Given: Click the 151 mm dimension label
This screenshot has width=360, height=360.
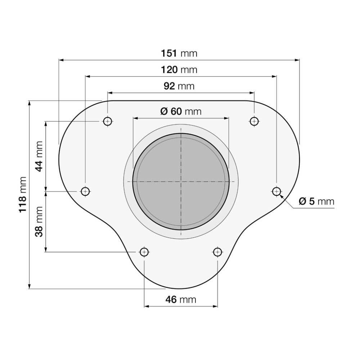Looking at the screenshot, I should click(x=179, y=53).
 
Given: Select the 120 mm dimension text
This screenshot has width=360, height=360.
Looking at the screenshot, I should click(x=179, y=69).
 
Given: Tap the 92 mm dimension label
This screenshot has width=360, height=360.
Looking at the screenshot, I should click(x=179, y=86).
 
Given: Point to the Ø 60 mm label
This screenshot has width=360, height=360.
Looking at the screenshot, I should click(x=181, y=111).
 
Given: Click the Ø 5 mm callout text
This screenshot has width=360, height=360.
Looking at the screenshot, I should click(x=316, y=201).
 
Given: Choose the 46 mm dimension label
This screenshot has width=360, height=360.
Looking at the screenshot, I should click(x=181, y=299).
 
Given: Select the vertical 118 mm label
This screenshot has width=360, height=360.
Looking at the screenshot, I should click(x=22, y=194).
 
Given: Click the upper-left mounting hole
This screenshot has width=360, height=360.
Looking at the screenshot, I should click(x=107, y=121).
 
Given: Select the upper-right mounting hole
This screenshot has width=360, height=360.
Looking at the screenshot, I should click(x=254, y=121).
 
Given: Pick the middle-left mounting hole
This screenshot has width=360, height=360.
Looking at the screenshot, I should click(x=85, y=191).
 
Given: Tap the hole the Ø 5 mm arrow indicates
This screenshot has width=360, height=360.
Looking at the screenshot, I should click(x=276, y=191).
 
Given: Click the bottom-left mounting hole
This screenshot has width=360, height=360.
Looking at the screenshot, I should click(x=144, y=252).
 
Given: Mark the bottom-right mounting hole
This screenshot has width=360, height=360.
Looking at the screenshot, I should click(x=217, y=252).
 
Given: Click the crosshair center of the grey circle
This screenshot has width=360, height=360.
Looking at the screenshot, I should click(x=181, y=181).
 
